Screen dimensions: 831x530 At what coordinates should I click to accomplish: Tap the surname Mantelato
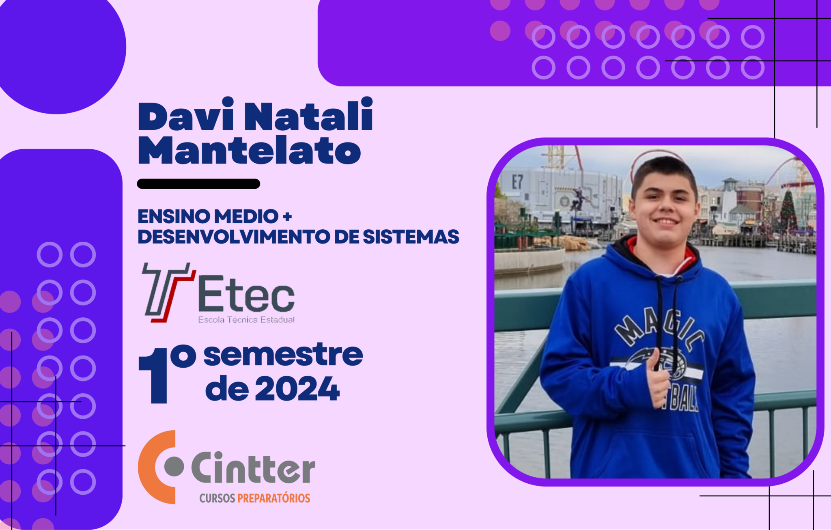click(x=250, y=150)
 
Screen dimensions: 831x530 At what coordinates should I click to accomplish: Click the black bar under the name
click(x=198, y=184)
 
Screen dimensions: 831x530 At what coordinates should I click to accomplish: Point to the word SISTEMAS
click(x=411, y=237)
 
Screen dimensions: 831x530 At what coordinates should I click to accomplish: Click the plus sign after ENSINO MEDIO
click(x=287, y=217)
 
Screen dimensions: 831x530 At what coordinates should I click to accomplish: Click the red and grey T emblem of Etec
click(x=167, y=292)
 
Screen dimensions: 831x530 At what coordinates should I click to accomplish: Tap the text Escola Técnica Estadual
click(x=246, y=320)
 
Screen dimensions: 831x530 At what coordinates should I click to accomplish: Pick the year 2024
click(x=297, y=388)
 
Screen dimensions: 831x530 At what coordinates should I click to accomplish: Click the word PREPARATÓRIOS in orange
click(x=274, y=498)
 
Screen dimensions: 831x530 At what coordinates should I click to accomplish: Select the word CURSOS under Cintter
click(x=217, y=498)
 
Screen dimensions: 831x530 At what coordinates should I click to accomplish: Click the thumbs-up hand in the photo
click(x=657, y=379)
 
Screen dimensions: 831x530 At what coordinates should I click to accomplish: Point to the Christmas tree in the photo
click(x=788, y=211)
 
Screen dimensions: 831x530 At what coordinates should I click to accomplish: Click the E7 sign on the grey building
click(x=517, y=182)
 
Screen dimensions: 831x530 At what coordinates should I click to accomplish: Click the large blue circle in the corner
click(x=61, y=49)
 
